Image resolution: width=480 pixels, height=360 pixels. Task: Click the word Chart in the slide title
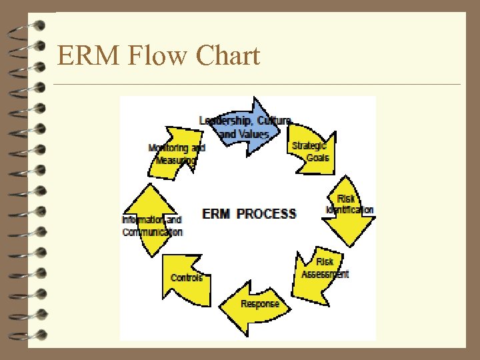(x=228, y=56)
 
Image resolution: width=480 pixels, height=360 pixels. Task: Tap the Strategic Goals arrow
(x=311, y=152)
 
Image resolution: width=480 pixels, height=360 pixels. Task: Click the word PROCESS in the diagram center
(x=267, y=214)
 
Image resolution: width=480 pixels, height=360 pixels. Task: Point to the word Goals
(x=318, y=158)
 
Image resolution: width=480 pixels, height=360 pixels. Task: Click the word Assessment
(x=325, y=274)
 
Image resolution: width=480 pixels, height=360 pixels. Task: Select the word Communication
(x=152, y=232)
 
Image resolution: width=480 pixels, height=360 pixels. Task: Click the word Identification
(x=350, y=210)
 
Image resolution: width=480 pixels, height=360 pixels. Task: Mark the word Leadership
(x=224, y=121)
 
